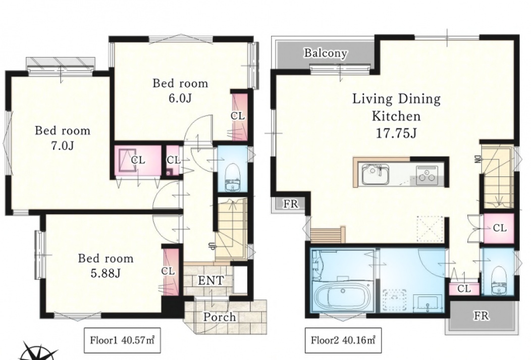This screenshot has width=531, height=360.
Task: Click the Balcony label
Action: pyautogui.click(x=325, y=53)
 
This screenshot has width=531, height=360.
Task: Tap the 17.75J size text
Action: pyautogui.click(x=396, y=133)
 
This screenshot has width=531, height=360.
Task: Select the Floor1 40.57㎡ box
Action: pyautogui.click(x=122, y=340)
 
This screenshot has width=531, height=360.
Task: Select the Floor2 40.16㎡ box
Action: pyautogui.click(x=343, y=340)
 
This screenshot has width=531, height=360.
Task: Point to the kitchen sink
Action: pyautogui.click(x=375, y=174)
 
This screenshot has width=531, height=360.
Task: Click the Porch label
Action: pyautogui.click(x=220, y=317)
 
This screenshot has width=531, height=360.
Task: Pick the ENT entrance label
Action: pyautogui.click(x=210, y=280)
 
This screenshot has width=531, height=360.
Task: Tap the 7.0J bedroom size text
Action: pyautogui.click(x=62, y=145)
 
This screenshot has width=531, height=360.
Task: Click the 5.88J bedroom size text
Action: pyautogui.click(x=105, y=273)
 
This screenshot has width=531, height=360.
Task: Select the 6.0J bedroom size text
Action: pyautogui.click(x=180, y=98)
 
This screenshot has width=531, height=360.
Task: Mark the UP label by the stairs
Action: pyautogui.click(x=211, y=246)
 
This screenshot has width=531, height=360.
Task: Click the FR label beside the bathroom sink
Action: pyautogui.click(x=481, y=316)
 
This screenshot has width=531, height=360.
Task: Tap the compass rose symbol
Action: pyautogui.click(x=39, y=352)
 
